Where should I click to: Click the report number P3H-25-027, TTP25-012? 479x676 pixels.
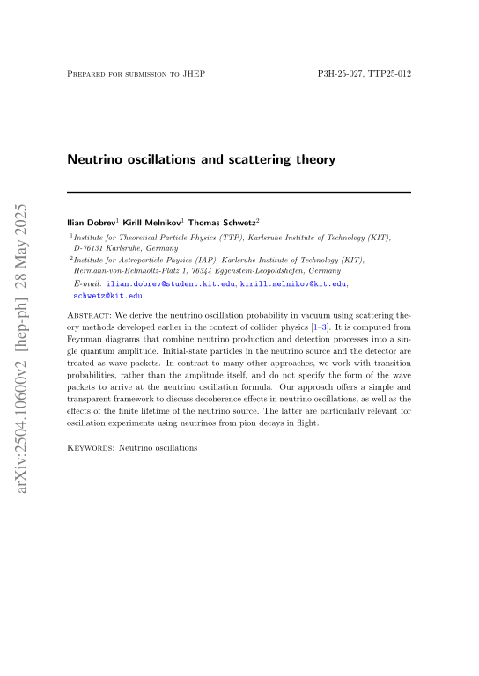tap(364, 73)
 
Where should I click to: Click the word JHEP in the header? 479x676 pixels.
tap(195, 73)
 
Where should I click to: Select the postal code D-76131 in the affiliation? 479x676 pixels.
tap(92, 249)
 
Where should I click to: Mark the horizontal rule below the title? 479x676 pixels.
tap(239, 192)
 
